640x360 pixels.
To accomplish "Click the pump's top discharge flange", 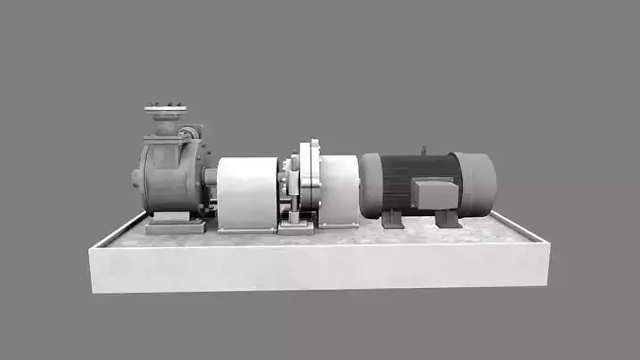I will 165,111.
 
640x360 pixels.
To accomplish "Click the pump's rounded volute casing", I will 170,175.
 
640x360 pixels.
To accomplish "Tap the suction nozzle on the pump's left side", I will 138,177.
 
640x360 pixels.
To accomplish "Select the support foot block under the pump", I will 175,225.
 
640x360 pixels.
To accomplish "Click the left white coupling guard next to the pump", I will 246,192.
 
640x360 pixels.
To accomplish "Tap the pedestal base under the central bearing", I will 295,225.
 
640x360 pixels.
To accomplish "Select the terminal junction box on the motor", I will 436,194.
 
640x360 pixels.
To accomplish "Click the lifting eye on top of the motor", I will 423,150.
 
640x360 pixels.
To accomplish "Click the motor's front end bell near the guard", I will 370,185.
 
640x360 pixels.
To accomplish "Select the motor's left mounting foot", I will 393,220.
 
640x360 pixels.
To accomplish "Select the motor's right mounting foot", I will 448,219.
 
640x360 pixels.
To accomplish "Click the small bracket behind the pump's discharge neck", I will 192,134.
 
